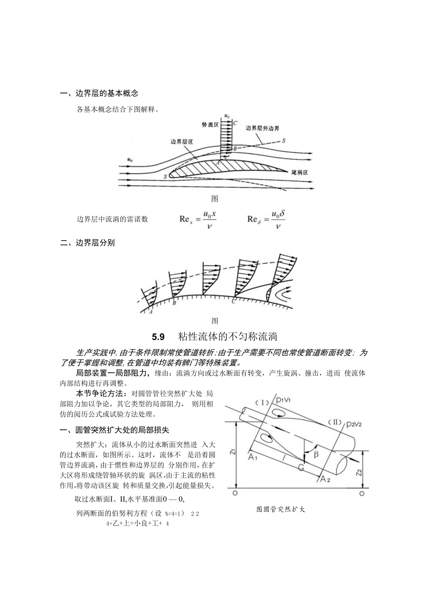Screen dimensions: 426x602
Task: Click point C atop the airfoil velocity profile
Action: coord(235,123)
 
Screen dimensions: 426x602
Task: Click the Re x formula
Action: coord(198,219)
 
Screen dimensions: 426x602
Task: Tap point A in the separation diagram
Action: coord(150,312)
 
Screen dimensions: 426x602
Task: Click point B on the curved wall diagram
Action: coord(174,304)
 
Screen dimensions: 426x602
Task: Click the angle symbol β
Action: coord(316,454)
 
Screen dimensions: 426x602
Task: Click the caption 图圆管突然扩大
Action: coord(281,509)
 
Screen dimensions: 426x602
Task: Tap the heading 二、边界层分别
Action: coord(88,242)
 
